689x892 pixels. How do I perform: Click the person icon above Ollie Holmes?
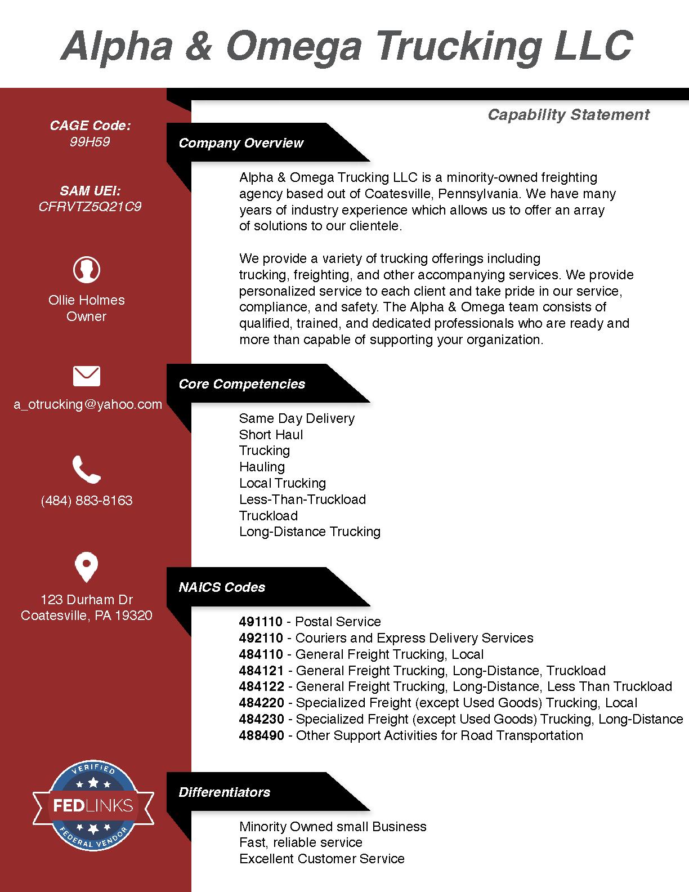pyautogui.click(x=87, y=269)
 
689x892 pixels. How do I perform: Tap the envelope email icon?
pyautogui.click(x=87, y=376)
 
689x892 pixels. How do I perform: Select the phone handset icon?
pyautogui.click(x=87, y=470)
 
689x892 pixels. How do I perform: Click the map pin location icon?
pyautogui.click(x=87, y=567)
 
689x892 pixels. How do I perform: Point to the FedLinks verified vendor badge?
pyautogui.click(x=93, y=805)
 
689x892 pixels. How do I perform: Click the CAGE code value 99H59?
pyautogui.click(x=90, y=141)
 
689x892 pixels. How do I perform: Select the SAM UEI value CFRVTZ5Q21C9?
pyautogui.click(x=90, y=207)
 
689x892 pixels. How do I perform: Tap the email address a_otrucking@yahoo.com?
pyautogui.click(x=88, y=404)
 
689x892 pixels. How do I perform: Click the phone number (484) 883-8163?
pyautogui.click(x=87, y=501)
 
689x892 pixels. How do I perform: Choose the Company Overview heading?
pyautogui.click(x=241, y=143)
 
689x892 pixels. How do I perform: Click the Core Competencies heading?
pyautogui.click(x=242, y=384)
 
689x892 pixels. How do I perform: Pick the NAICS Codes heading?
pyautogui.click(x=222, y=587)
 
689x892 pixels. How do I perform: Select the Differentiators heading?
pyautogui.click(x=225, y=792)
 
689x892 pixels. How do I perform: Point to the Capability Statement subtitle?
pyautogui.click(x=568, y=115)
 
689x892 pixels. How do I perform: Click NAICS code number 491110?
pyautogui.click(x=261, y=622)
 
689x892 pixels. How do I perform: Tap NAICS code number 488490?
pyautogui.click(x=261, y=735)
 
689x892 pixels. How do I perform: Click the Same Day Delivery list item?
pyautogui.click(x=297, y=418)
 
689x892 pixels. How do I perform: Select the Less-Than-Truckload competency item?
pyautogui.click(x=302, y=499)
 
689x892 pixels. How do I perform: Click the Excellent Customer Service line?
pyautogui.click(x=321, y=859)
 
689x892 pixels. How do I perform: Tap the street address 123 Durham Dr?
pyautogui.click(x=87, y=600)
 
